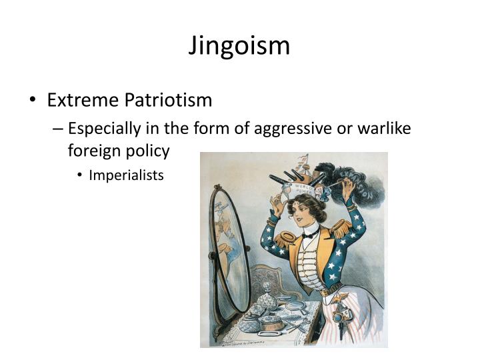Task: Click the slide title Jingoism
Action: click(x=239, y=46)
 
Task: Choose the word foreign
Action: click(x=90, y=151)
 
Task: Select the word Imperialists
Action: click(x=126, y=175)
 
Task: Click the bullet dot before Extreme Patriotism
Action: click(x=33, y=101)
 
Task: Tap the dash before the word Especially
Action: click(x=58, y=127)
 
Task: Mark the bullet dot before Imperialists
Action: click(x=80, y=176)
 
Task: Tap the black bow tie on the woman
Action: click(x=309, y=235)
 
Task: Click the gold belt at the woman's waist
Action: click(x=332, y=292)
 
